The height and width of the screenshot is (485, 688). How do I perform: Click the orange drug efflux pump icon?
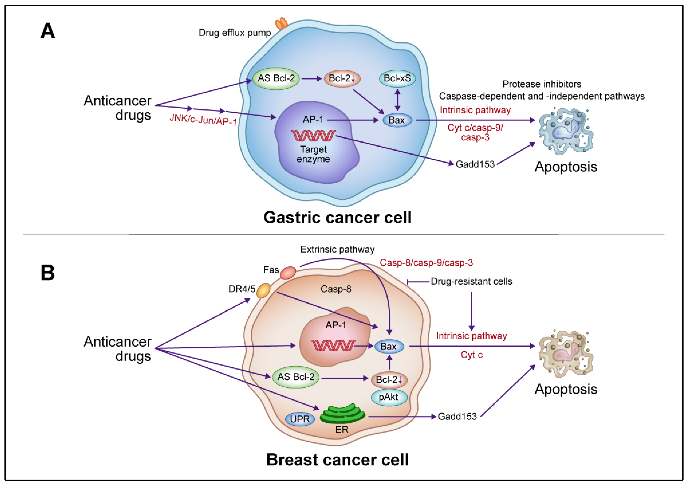(x=281, y=23)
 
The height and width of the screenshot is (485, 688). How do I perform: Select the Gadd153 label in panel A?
(x=475, y=164)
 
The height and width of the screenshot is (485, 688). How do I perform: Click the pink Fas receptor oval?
(x=288, y=273)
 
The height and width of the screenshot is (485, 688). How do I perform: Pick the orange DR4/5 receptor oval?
(x=263, y=290)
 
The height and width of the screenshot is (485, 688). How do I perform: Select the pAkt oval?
(x=389, y=397)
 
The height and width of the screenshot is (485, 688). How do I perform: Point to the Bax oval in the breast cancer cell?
(x=389, y=347)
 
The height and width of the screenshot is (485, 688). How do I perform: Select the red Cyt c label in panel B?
(x=471, y=355)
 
